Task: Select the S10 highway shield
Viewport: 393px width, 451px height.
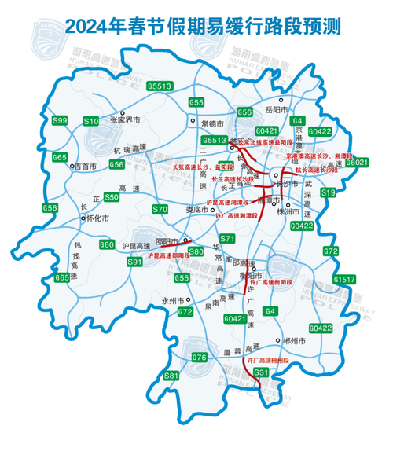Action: click(92, 121)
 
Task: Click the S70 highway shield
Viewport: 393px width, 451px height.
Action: click(160, 209)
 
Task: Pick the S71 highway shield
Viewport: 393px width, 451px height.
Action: click(227, 238)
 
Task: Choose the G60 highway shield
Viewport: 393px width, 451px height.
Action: click(108, 245)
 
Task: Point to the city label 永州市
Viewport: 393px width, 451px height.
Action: click(171, 301)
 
